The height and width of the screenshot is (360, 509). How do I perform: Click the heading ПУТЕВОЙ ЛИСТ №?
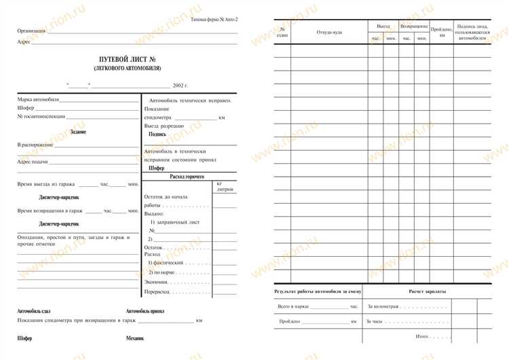click(127, 60)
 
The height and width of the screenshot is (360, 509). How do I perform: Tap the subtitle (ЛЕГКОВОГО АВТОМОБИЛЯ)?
click(127, 69)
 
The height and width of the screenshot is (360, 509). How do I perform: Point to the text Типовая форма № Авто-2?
click(214, 20)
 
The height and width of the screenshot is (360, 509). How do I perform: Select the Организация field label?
click(32, 31)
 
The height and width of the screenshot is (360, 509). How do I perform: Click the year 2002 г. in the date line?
click(180, 86)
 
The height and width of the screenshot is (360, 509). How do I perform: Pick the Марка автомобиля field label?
click(39, 100)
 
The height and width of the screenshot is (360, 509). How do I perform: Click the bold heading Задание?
click(78, 132)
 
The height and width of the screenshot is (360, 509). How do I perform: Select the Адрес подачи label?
click(33, 162)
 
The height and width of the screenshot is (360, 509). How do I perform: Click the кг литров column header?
click(225, 187)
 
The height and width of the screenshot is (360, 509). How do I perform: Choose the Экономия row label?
click(157, 281)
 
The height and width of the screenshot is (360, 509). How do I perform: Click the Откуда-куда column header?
click(328, 32)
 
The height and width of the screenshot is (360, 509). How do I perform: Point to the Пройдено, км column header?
click(442, 32)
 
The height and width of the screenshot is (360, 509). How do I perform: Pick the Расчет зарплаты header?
click(428, 291)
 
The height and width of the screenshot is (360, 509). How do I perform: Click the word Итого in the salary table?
click(423, 336)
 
